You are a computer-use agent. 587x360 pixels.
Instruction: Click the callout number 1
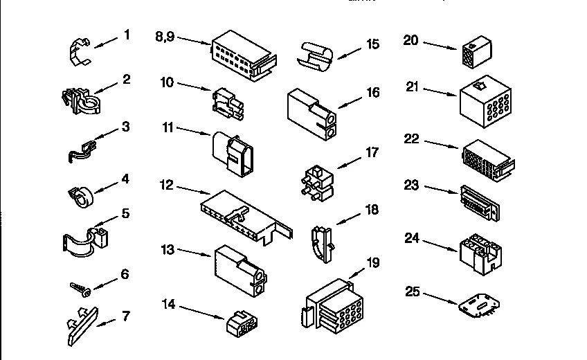[127, 34]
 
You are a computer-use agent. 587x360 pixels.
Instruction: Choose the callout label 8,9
[165, 37]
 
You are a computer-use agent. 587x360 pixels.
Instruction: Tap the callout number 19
[372, 262]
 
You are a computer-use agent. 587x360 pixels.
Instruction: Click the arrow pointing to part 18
[347, 217]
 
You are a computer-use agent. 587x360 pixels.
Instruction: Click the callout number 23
[412, 185]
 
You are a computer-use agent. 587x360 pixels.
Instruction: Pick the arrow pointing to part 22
[440, 144]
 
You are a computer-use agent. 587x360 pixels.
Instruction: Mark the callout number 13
[168, 249]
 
